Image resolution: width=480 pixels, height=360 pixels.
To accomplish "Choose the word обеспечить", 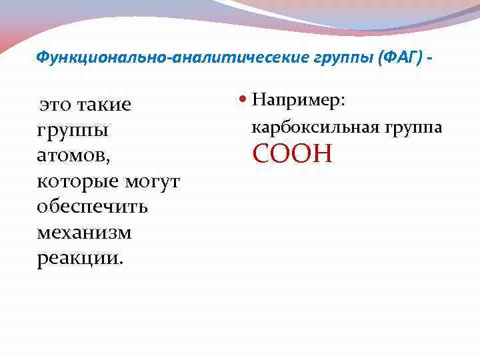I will coord(93,207).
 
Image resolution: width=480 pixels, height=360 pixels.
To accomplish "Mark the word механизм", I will coord(84,232).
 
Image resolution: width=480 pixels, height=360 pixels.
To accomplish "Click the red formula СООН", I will coord(291,155).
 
